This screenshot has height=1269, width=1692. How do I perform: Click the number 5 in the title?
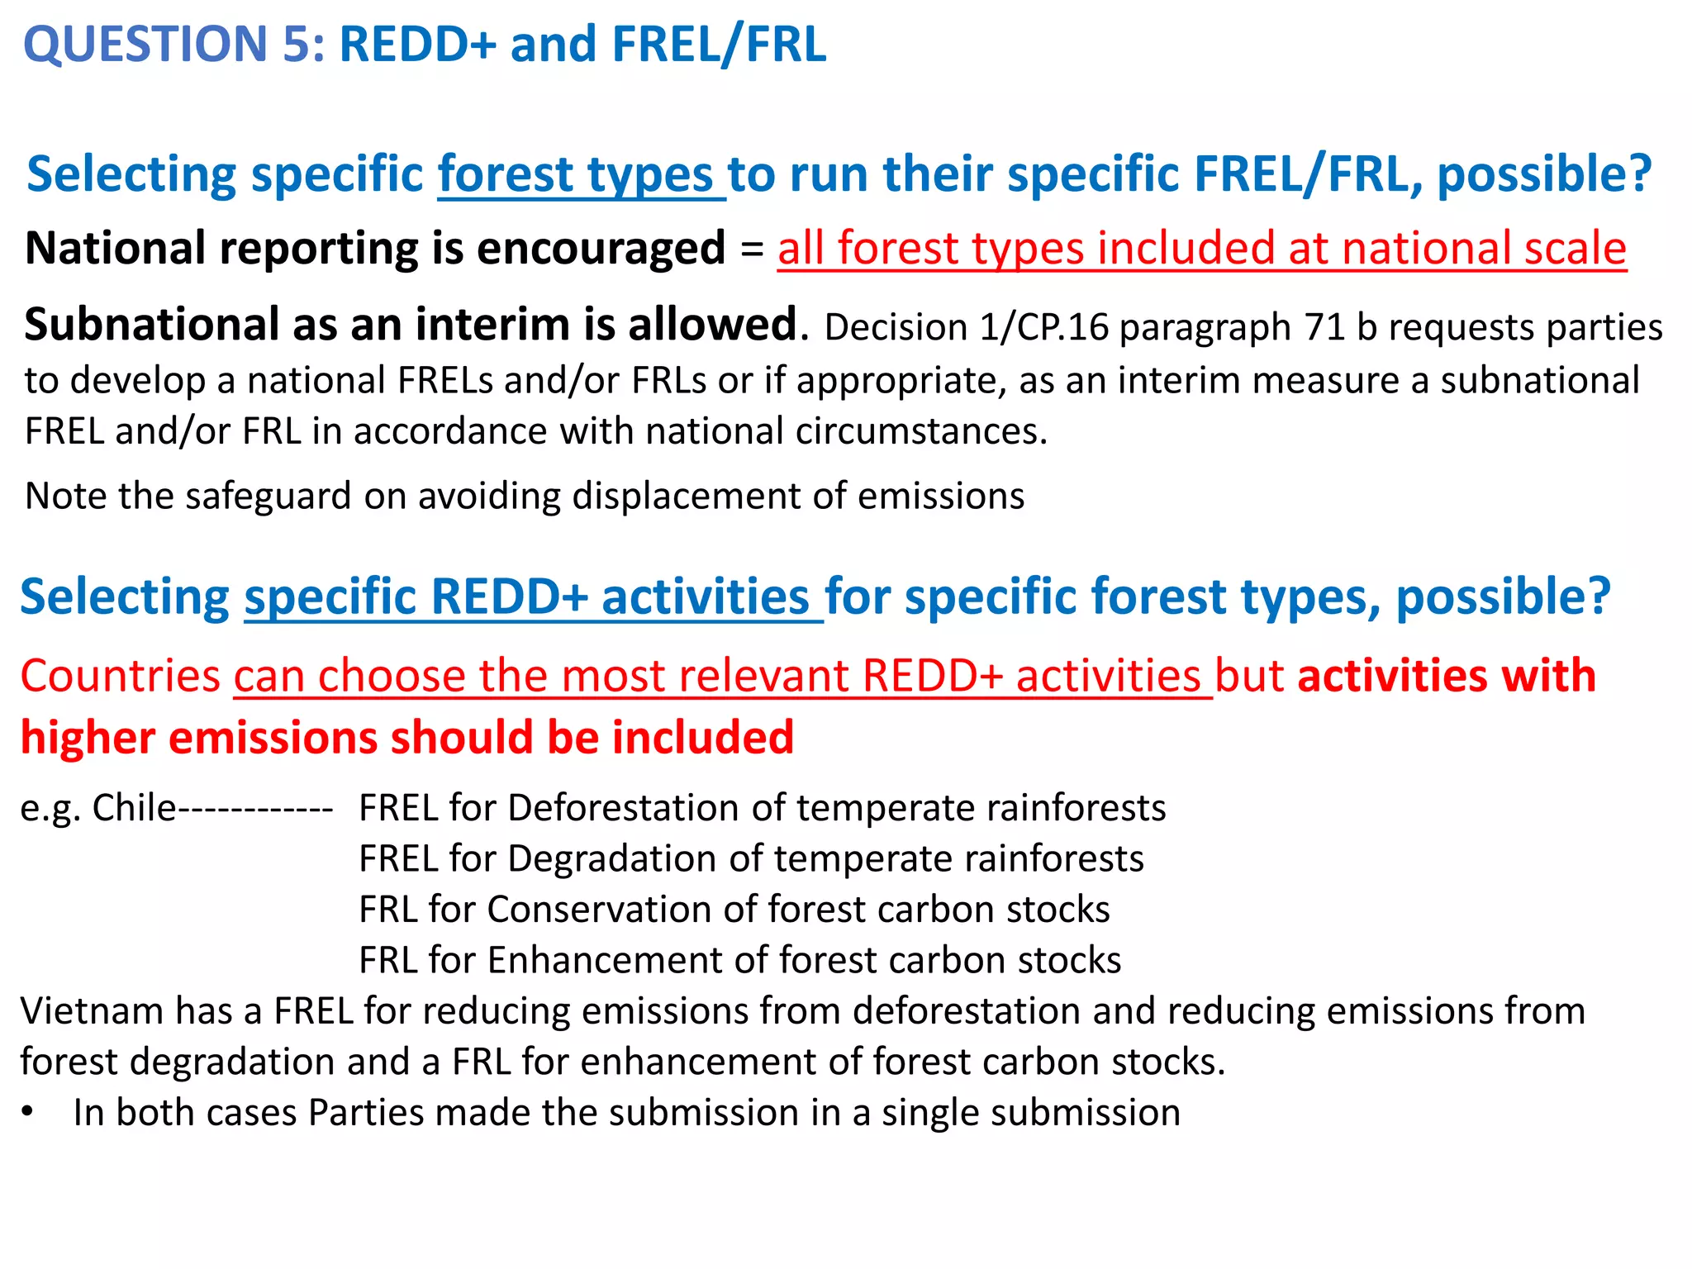296,45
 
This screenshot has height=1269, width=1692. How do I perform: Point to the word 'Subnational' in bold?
152,325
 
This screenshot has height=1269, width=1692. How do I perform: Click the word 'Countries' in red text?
121,676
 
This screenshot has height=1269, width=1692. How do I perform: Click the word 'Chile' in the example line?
134,808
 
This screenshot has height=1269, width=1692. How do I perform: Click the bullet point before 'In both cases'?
28,1112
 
